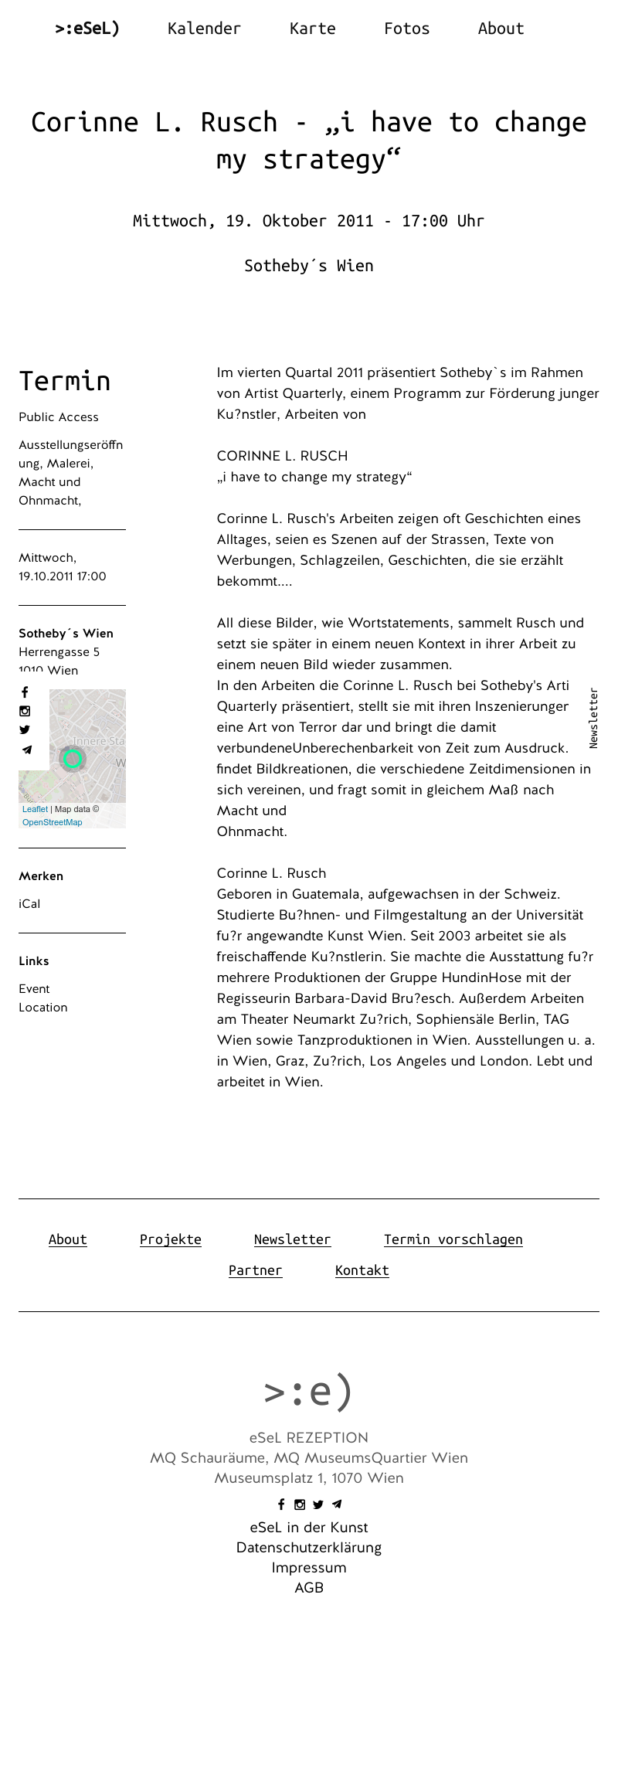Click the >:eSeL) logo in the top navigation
pos(87,29)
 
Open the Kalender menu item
pos(204,29)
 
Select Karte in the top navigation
pos(312,29)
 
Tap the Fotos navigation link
pos(406,29)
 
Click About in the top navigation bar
pos(501,29)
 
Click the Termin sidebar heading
pos(65,381)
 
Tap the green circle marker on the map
pos(73,758)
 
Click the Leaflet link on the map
pos(35,809)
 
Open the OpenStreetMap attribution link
pos(52,822)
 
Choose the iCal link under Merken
pos(29,903)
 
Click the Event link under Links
pos(34,988)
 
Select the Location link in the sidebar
pos(43,1007)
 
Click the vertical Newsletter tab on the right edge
pos(593,718)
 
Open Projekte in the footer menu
pos(170,1239)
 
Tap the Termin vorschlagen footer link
pos(453,1239)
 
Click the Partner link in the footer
pos(255,1270)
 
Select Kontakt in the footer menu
pos(362,1270)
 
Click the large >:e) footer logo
pos(308,1391)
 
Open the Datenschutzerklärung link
pos(309,1547)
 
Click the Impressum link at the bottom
pos(309,1567)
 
